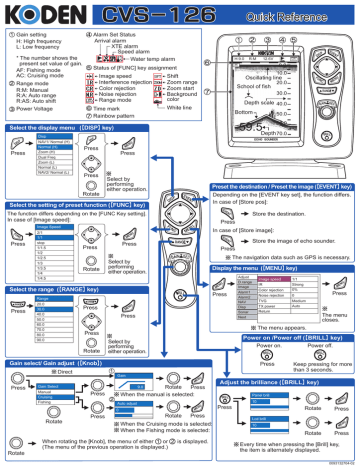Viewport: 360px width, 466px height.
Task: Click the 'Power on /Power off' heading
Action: (261, 337)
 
